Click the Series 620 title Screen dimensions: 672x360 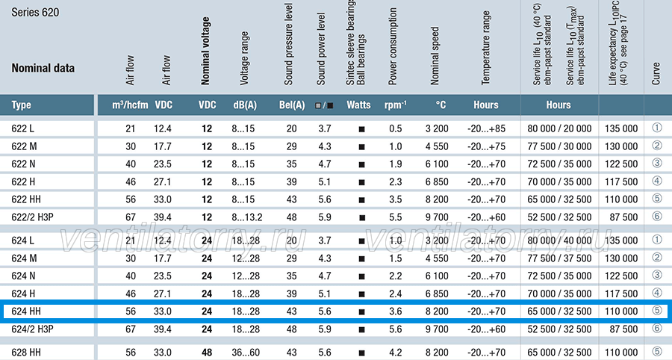pos(35,13)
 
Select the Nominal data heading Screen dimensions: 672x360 pos(43,68)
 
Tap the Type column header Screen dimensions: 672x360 pos(21,105)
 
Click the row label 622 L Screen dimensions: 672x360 pos(22,128)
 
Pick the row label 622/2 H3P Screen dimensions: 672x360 pos(32,217)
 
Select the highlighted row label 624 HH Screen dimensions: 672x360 pos(25,311)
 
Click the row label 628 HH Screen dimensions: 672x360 pos(25,353)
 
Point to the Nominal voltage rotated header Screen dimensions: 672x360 pos(206,51)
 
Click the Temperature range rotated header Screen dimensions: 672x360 pos(485,48)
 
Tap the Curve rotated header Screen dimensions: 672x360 pos(656,74)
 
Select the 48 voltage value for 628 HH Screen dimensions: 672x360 pos(207,353)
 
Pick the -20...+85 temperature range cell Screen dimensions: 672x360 pos(486,128)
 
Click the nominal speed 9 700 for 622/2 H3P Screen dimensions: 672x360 pos(437,217)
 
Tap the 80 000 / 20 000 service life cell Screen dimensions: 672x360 pos(559,128)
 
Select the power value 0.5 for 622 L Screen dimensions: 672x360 pos(396,128)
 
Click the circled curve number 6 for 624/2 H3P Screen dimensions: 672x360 pos(656,329)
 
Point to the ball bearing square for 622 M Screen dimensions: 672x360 pos(361,147)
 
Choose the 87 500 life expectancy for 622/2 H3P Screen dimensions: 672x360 pos(623,217)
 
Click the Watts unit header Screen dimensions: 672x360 pos(358,105)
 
